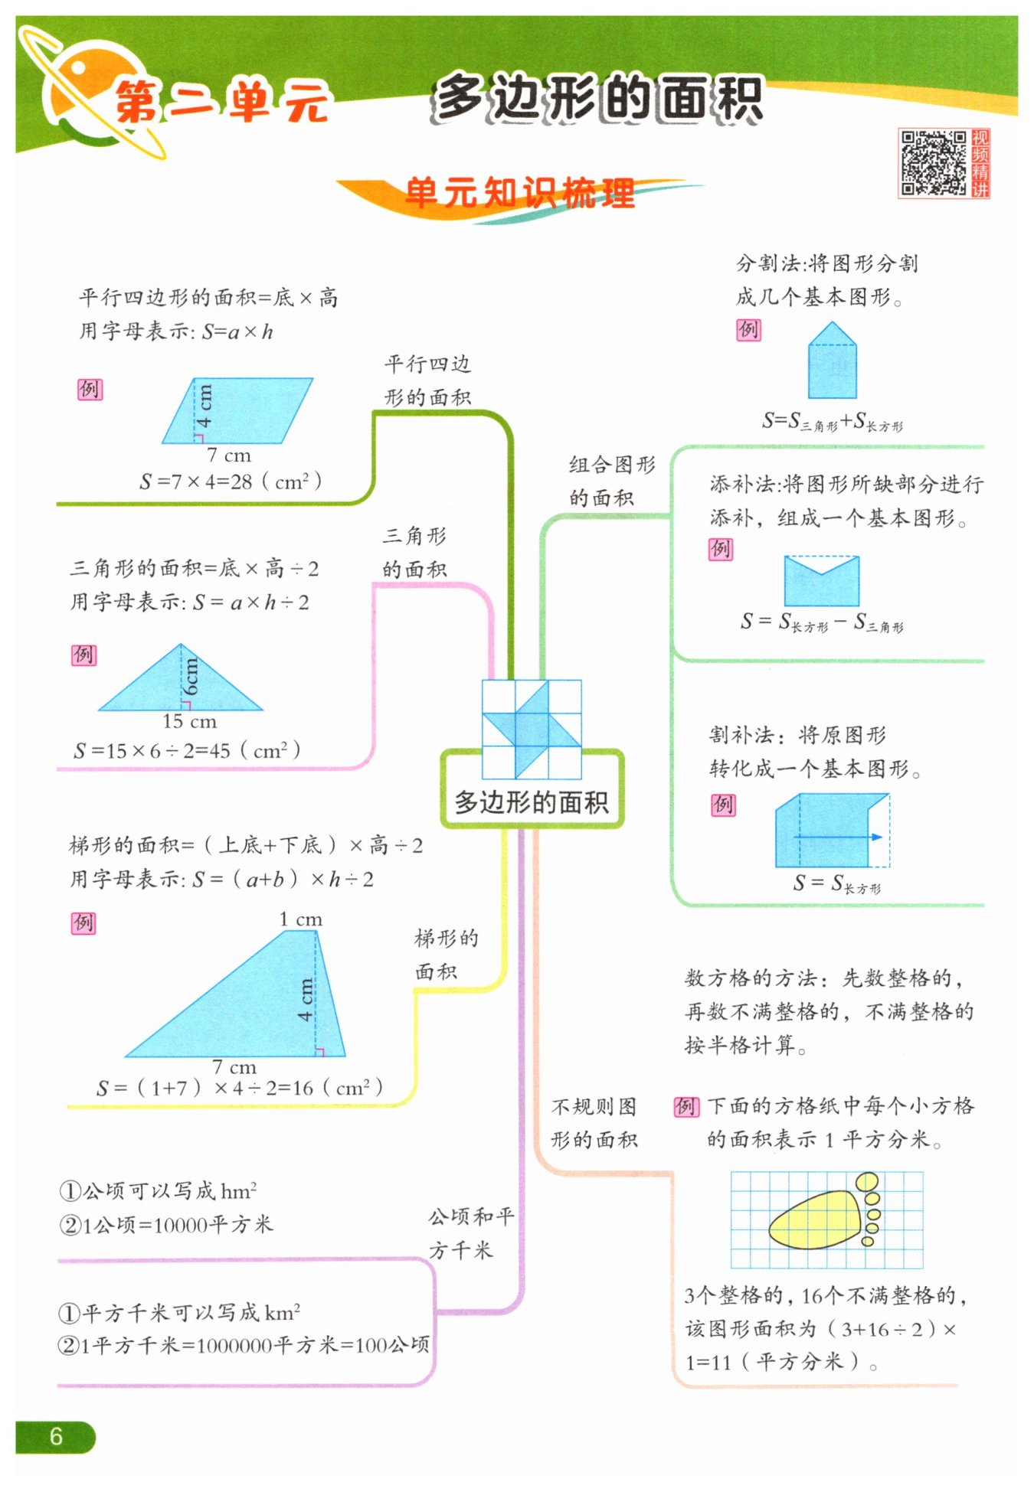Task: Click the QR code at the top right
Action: coord(933,163)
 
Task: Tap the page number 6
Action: coord(55,1436)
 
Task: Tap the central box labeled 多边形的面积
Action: coord(532,802)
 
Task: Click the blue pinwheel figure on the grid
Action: coord(531,729)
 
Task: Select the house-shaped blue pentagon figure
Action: coord(833,361)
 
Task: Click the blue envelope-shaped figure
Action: coord(821,582)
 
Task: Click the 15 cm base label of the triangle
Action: coord(189,721)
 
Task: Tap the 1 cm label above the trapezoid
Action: coord(300,919)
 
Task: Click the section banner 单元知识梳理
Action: coord(519,193)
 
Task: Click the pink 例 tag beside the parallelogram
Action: coord(90,389)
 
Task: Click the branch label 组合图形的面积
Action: coord(611,481)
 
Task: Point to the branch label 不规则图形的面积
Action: coord(594,1122)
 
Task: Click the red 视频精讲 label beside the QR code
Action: coord(980,163)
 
